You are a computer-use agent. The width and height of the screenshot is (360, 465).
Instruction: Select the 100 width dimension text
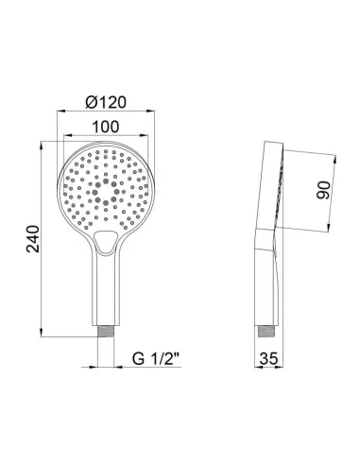[x=107, y=125]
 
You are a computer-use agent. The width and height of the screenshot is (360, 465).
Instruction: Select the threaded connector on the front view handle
[x=106, y=333]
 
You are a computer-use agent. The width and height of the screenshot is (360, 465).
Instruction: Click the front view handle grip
[x=106, y=293]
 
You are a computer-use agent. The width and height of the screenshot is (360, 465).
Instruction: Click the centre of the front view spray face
[x=106, y=189]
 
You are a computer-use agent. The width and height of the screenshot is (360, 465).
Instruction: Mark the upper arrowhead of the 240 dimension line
[x=43, y=146]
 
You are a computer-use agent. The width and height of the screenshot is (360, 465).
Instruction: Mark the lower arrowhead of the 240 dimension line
[x=43, y=335]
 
